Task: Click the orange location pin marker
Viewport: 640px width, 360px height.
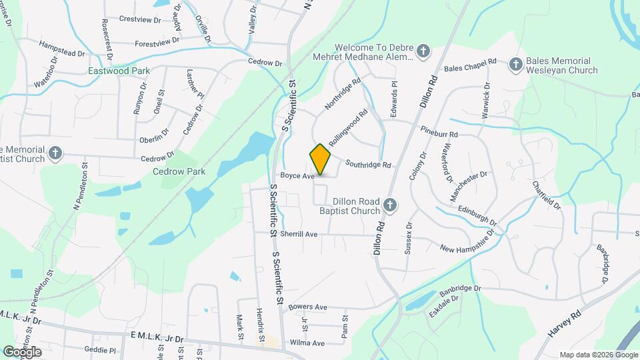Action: (320, 159)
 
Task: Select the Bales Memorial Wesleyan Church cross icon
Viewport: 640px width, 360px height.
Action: (515, 65)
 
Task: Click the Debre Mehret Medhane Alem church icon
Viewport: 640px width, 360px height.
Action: (423, 51)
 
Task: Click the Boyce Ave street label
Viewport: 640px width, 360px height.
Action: (297, 176)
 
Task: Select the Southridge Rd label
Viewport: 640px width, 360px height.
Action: (367, 164)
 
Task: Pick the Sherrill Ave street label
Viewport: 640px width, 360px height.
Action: (298, 234)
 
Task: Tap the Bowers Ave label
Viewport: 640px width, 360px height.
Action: (307, 307)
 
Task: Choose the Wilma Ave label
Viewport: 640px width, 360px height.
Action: (306, 343)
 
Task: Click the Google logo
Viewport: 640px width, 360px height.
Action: (21, 351)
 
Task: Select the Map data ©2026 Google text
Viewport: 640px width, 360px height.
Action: (597, 355)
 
